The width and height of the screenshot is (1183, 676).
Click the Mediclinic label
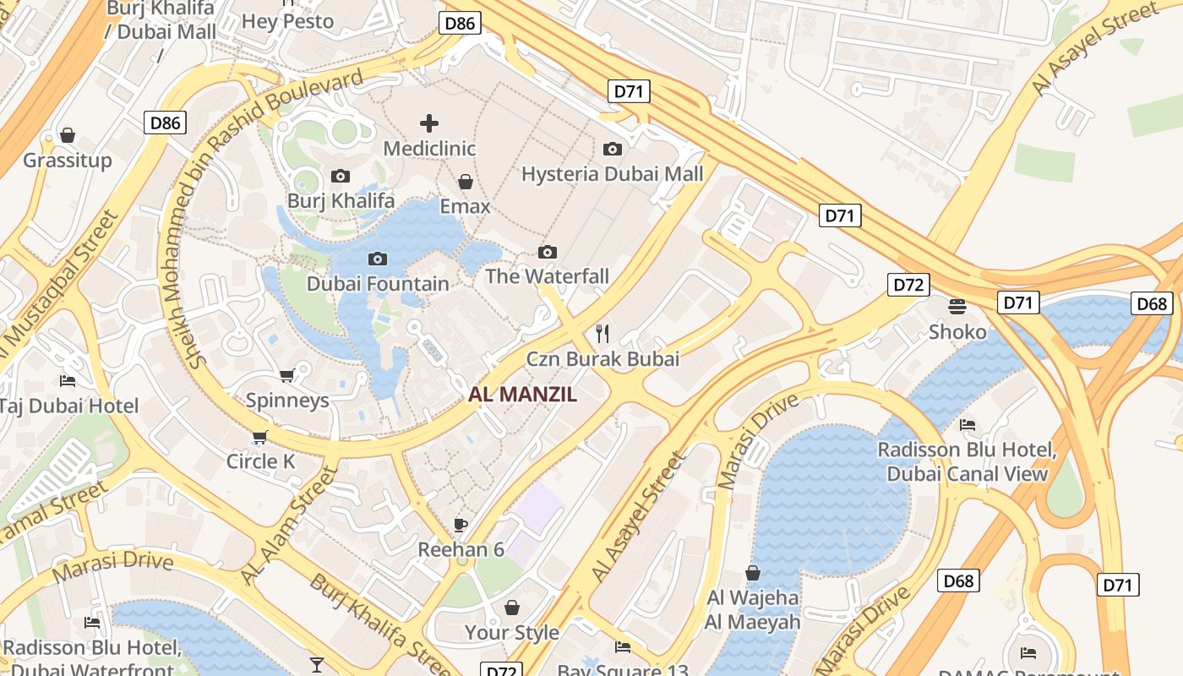pyautogui.click(x=429, y=149)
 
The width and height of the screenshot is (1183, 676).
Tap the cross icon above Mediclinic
pyautogui.click(x=429, y=123)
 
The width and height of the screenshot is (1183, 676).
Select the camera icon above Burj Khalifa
pyautogui.click(x=341, y=176)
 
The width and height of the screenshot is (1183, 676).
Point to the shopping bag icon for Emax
pyautogui.click(x=465, y=182)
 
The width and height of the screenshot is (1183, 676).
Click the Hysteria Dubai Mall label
pyautogui.click(x=612, y=174)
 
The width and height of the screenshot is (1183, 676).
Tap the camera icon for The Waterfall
pyautogui.click(x=548, y=252)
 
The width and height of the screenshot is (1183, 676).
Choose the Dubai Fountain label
pyautogui.click(x=378, y=283)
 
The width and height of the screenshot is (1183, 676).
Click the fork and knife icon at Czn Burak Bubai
pyautogui.click(x=602, y=333)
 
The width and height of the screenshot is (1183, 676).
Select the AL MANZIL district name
pyautogui.click(x=523, y=394)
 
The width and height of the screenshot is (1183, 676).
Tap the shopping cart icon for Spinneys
pyautogui.click(x=286, y=375)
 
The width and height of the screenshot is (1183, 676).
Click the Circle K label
pyautogui.click(x=260, y=461)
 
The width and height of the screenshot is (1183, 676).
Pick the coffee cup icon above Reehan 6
pyautogui.click(x=461, y=525)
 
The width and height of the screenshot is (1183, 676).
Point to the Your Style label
pyautogui.click(x=511, y=632)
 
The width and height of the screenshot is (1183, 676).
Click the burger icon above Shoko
pyautogui.click(x=957, y=306)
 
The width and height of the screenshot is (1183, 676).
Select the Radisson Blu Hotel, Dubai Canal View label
pyautogui.click(x=967, y=461)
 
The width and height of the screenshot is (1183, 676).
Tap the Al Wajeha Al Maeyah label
pyautogui.click(x=753, y=610)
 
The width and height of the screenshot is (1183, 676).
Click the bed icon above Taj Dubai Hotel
pyautogui.click(x=68, y=381)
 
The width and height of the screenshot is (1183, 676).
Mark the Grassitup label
pyautogui.click(x=68, y=160)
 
